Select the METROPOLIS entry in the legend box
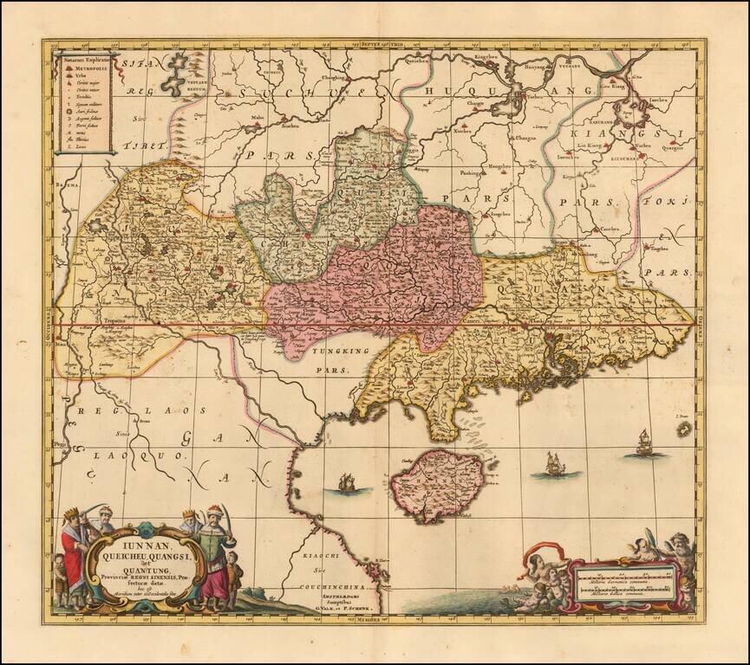click(x=81, y=65)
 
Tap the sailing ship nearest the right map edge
click(x=644, y=442)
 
